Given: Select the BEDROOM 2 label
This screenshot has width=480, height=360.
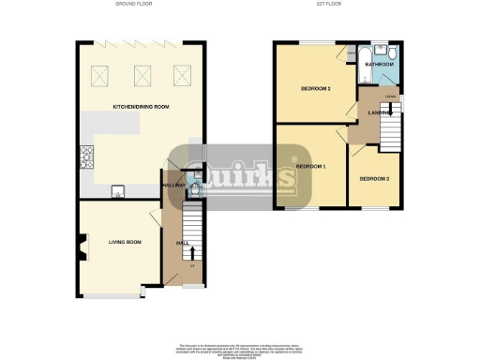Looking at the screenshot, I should (x=316, y=89).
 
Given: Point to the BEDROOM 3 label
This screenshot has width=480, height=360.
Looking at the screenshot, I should (x=374, y=178).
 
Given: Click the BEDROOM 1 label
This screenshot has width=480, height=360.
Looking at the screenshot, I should (x=310, y=166).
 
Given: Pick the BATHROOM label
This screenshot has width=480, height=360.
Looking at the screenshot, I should (x=381, y=65).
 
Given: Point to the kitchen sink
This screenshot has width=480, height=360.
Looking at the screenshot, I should (x=120, y=192).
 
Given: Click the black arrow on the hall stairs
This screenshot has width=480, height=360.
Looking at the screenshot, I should (x=192, y=250).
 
